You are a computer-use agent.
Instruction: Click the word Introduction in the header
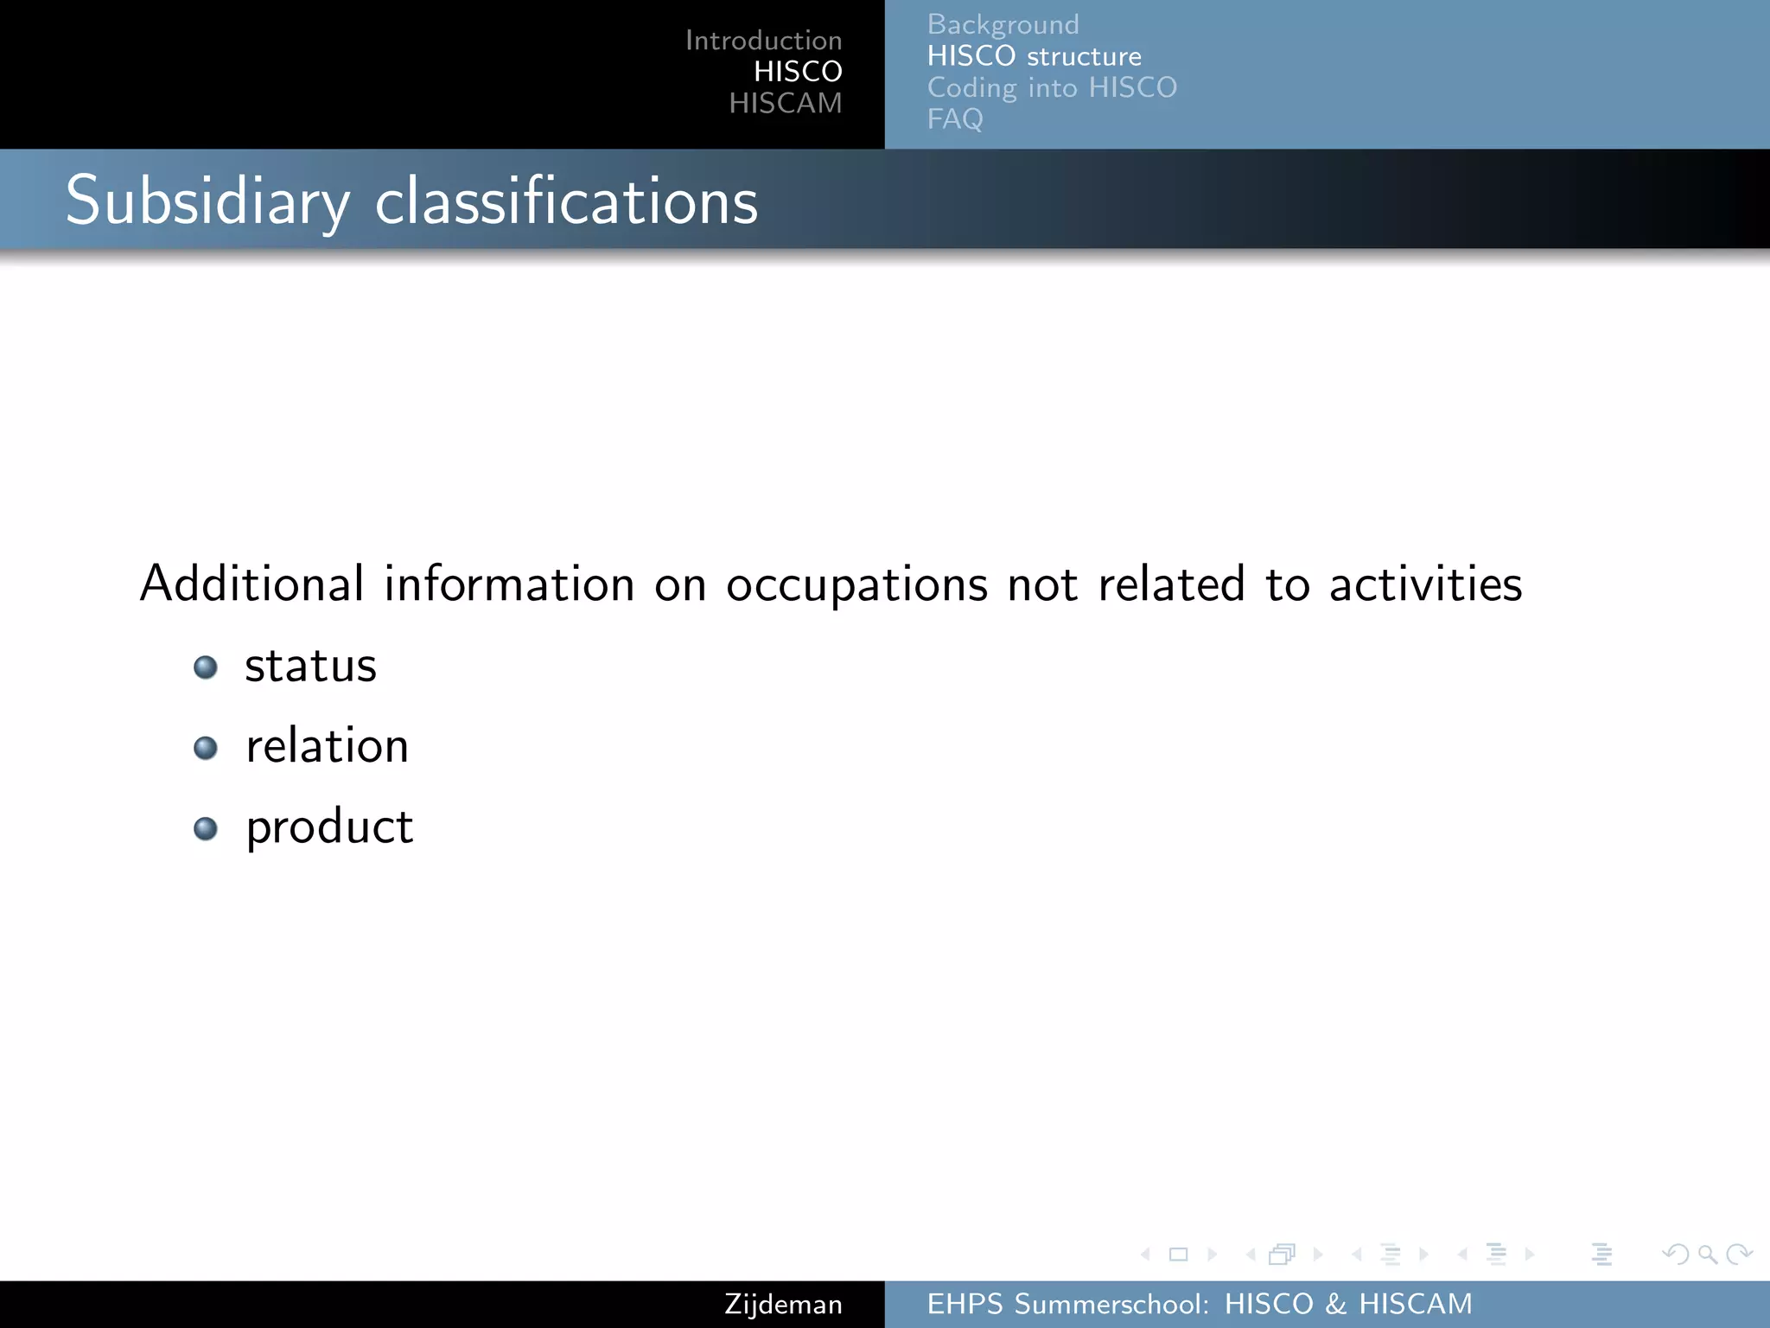[x=763, y=41]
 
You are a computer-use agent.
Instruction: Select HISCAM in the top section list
[x=785, y=104]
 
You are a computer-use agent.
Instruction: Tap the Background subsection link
[x=1003, y=25]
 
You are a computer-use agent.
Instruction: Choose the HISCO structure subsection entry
[x=1034, y=57]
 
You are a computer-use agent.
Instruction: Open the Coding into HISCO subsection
[x=1052, y=88]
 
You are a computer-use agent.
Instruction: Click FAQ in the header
[x=954, y=119]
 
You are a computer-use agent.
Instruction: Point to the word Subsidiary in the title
[x=207, y=201]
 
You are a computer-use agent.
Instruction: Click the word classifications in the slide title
[x=566, y=201]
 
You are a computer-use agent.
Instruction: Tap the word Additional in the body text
[x=251, y=584]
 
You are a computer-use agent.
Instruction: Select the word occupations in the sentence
[x=856, y=585]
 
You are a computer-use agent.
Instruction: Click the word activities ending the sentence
[x=1425, y=584]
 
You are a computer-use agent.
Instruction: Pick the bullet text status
[x=310, y=667]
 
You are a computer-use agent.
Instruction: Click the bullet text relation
[x=327, y=746]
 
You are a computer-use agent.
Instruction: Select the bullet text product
[x=329, y=827]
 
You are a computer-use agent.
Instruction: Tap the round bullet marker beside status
[x=206, y=667]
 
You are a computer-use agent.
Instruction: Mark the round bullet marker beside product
[x=206, y=829]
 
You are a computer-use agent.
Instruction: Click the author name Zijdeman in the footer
[x=783, y=1305]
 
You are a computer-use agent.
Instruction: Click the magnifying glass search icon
[x=1707, y=1254]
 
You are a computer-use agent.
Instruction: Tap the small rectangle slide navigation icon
[x=1178, y=1255]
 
